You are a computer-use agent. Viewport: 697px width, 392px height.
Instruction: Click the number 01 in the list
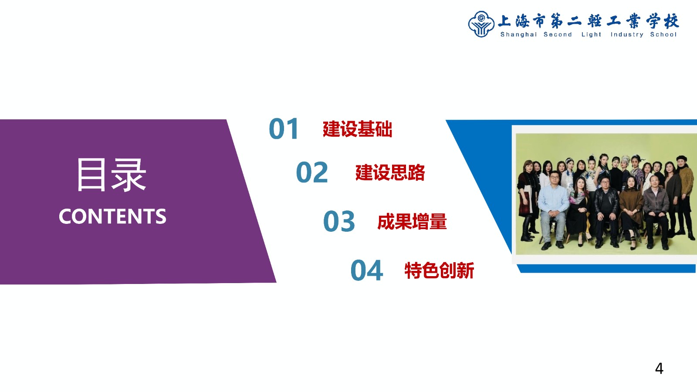pyautogui.click(x=284, y=128)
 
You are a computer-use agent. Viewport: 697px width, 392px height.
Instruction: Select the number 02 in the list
pyautogui.click(x=312, y=172)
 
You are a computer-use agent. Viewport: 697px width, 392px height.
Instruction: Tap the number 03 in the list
pyautogui.click(x=339, y=221)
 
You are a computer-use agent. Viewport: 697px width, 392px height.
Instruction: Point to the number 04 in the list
pyautogui.click(x=366, y=270)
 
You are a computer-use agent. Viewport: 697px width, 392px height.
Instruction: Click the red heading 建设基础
pyautogui.click(x=357, y=129)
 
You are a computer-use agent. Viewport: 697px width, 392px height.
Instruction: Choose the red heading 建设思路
pyautogui.click(x=390, y=172)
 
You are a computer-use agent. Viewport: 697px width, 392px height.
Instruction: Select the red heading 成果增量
pyautogui.click(x=412, y=222)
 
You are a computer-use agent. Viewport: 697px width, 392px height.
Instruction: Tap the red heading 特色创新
pyautogui.click(x=440, y=270)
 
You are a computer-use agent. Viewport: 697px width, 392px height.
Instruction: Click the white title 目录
pyautogui.click(x=111, y=175)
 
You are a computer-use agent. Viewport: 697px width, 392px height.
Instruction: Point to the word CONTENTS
pyautogui.click(x=112, y=216)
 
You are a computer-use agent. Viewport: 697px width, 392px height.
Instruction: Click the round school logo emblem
pyautogui.click(x=481, y=24)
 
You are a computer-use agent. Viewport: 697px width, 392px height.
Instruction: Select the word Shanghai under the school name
pyautogui.click(x=518, y=34)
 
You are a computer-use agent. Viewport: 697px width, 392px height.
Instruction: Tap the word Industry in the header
pyautogui.click(x=627, y=34)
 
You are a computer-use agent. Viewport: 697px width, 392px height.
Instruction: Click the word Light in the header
pyautogui.click(x=591, y=34)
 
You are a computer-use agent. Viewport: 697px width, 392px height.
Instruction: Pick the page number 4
pyautogui.click(x=659, y=368)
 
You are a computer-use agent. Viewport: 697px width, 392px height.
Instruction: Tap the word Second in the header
pyautogui.click(x=558, y=34)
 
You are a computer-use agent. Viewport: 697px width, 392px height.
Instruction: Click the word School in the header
pyautogui.click(x=663, y=34)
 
